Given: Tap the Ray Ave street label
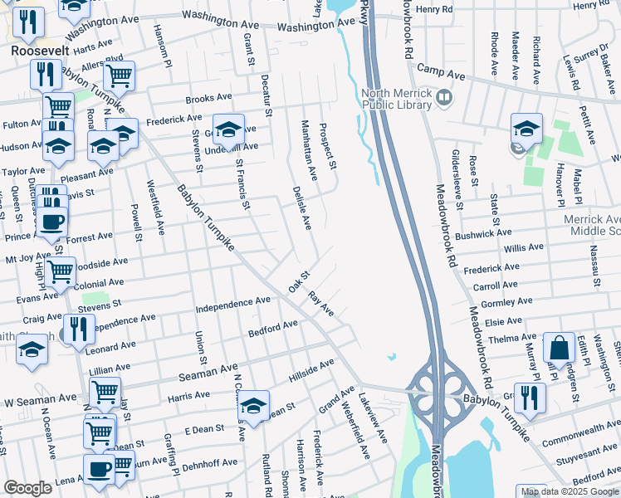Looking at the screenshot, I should [x=320, y=303].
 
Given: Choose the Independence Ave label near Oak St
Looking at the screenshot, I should [x=233, y=305].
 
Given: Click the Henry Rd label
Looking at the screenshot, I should [x=435, y=9].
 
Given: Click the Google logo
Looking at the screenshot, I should [x=27, y=488].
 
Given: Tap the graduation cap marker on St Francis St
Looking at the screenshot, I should [x=228, y=131].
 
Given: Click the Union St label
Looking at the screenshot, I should [x=201, y=348].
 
